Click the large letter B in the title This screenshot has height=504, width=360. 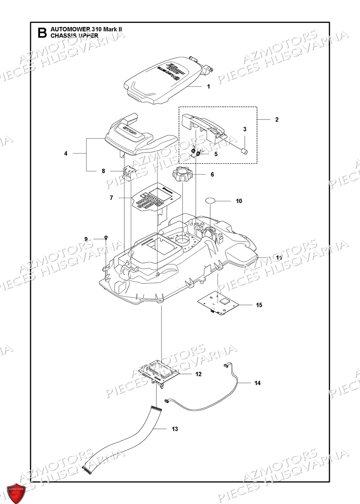[42, 33]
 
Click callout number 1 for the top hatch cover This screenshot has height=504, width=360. [208, 86]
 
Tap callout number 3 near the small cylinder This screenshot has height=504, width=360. [245, 129]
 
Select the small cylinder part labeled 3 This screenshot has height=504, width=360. [244, 151]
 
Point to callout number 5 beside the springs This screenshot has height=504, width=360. [216, 154]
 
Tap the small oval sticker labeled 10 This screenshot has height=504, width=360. [210, 201]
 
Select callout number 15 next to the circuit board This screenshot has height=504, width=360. [259, 305]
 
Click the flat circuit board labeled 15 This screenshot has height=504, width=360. [218, 302]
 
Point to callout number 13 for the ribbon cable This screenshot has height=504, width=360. [175, 429]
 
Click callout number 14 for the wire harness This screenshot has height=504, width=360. [258, 383]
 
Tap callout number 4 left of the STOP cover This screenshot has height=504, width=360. [66, 153]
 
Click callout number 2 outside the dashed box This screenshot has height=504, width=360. [277, 120]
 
